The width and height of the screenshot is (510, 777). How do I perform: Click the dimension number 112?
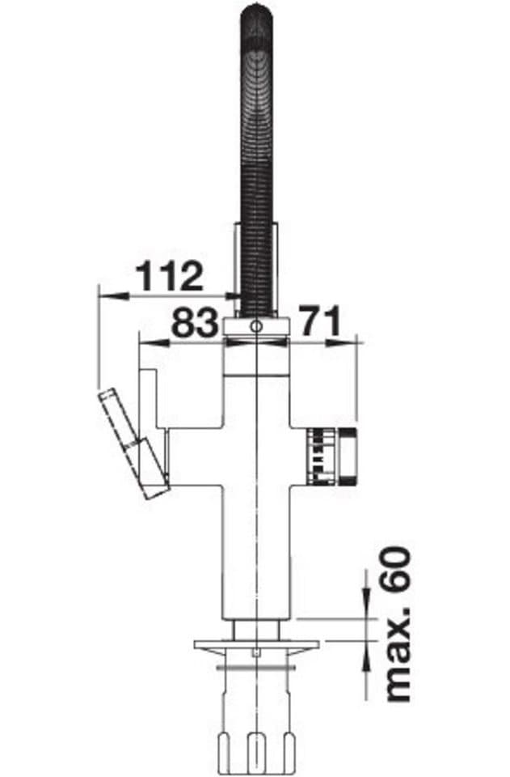170,276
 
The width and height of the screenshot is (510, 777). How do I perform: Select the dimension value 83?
195,322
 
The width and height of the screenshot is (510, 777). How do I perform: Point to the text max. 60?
398,624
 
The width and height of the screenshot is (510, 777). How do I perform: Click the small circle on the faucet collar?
255,326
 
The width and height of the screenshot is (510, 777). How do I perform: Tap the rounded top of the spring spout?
257,15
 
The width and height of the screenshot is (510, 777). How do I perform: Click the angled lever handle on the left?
133,444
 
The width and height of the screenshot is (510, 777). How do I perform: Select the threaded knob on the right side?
332,456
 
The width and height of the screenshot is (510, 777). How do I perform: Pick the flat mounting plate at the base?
257,646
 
